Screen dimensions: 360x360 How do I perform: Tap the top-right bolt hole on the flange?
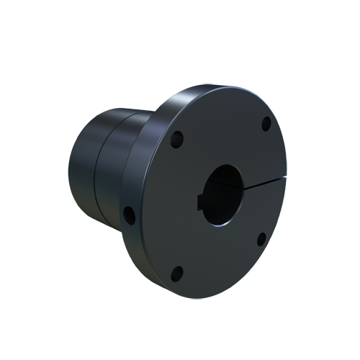click(266, 122)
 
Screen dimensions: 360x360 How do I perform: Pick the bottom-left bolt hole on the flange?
click(178, 271)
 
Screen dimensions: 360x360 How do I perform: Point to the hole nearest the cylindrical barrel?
click(129, 213)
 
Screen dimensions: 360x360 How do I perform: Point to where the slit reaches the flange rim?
click(286, 175)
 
